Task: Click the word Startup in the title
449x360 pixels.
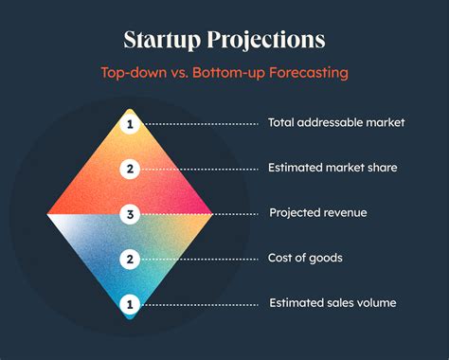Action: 162,40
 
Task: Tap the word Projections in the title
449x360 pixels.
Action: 266,40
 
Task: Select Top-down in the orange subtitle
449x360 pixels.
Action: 134,73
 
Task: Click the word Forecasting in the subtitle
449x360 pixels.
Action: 309,73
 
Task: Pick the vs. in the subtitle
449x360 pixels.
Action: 179,73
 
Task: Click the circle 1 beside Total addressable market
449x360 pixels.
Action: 130,124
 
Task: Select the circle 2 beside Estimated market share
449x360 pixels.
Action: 130,169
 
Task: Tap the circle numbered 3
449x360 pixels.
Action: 130,214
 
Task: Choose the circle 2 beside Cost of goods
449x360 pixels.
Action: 130,260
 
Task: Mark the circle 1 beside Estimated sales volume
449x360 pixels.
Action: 130,304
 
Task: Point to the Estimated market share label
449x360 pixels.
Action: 332,168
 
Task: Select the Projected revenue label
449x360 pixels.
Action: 318,212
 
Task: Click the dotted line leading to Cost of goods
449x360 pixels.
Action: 199,260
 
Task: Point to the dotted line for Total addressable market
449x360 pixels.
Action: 201,124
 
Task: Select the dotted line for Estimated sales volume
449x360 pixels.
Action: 199,305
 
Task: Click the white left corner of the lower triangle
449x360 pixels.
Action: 48,215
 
